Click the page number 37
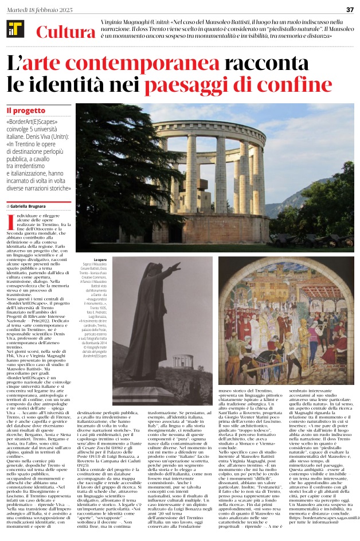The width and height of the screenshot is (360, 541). pyautogui.click(x=350, y=9)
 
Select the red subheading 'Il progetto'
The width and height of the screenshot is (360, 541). pyautogui.click(x=25, y=110)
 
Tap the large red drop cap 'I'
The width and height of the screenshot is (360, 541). pyautogui.click(x=10, y=221)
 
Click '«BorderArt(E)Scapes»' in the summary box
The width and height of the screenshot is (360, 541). pyautogui.click(x=32, y=122)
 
